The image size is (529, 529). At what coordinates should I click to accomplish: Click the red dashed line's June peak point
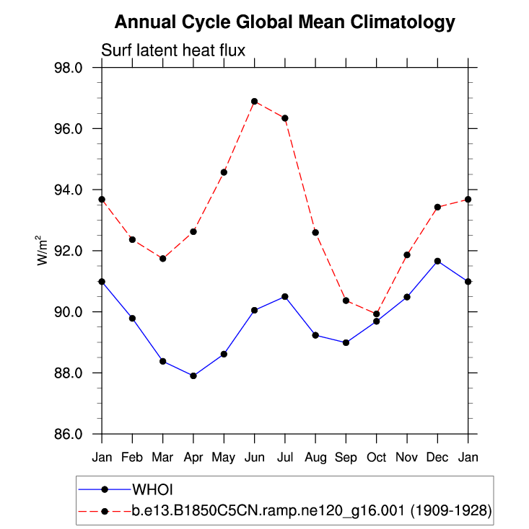pos(255,102)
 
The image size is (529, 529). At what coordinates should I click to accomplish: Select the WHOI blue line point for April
pos(193,375)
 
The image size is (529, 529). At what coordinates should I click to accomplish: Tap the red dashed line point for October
pos(377,314)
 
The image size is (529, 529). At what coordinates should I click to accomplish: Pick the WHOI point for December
pos(437,261)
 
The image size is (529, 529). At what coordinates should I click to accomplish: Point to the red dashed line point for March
pos(163,259)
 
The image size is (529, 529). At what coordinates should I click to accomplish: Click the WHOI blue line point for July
pos(285,296)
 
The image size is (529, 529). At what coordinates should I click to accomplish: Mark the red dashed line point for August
pos(315,232)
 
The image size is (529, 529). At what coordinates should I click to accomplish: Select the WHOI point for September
pos(346,342)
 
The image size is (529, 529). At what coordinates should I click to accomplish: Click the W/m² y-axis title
pos(43,251)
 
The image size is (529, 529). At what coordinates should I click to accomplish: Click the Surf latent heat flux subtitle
pos(173,51)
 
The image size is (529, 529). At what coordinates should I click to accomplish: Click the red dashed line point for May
pos(224,172)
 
